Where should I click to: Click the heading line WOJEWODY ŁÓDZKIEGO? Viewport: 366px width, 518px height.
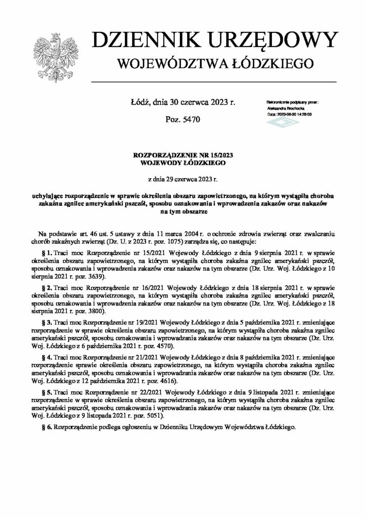(x=182, y=163)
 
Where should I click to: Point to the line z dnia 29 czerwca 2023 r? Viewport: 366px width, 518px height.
(x=182, y=179)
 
